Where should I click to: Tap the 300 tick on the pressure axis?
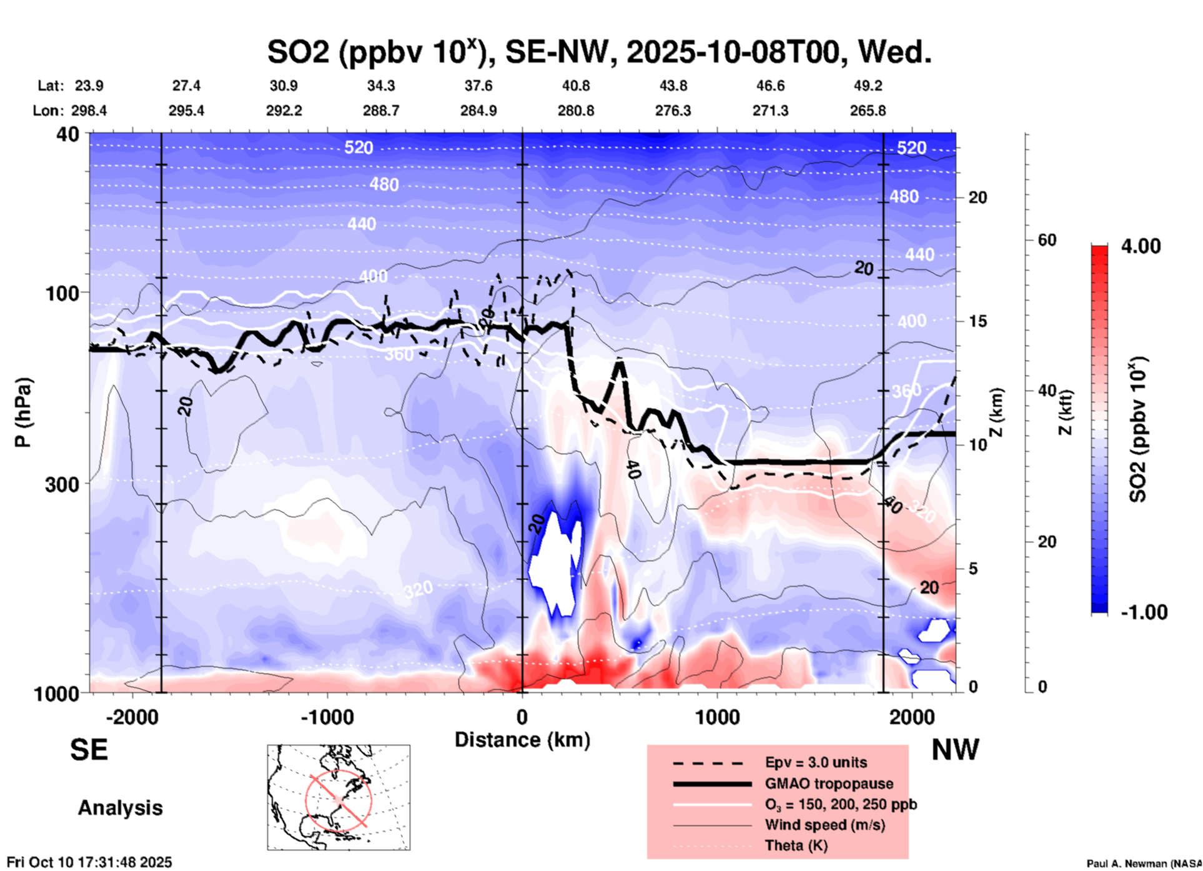coord(62,484)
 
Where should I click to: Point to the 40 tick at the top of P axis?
coord(68,134)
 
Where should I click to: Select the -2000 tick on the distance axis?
coord(132,717)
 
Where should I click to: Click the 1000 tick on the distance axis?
coord(717,717)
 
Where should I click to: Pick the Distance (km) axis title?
coord(522,740)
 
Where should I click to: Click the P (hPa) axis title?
coord(23,412)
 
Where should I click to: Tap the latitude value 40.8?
coord(575,86)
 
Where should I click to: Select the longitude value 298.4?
coord(89,111)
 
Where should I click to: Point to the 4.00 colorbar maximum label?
coord(1141,246)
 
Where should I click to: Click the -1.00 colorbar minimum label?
coord(1144,612)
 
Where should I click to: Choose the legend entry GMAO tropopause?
coord(829,784)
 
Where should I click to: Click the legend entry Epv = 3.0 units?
coord(816,763)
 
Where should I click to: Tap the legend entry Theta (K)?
coord(796,845)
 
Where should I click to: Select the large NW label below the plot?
coord(955,750)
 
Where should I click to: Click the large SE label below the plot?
coord(89,750)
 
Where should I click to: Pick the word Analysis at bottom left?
coord(120,808)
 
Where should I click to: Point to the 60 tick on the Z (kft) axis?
coord(1047,240)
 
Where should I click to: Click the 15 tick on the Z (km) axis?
coord(977,321)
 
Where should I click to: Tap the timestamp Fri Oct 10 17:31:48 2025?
coord(89,862)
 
